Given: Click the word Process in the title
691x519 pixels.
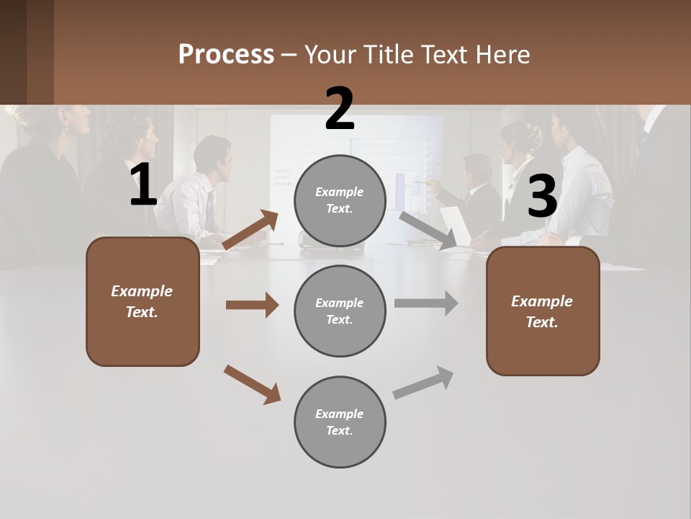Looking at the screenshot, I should (226, 55).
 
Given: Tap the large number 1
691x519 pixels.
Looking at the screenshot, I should (143, 185).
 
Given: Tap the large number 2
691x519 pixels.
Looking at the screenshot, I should (340, 110).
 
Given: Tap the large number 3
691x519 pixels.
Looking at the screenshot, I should (542, 197).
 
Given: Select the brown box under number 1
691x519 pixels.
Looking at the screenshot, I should (143, 301).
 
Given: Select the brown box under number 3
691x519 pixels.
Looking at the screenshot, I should (543, 311).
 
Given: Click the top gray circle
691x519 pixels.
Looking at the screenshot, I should (340, 200).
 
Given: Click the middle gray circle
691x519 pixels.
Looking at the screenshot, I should (340, 311).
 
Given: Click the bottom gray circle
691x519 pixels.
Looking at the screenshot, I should (340, 422).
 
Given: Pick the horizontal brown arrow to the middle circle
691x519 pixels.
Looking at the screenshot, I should (252, 305).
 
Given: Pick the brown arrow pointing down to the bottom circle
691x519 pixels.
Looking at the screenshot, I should (253, 384).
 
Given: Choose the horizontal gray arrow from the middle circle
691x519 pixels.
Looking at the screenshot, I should (426, 303).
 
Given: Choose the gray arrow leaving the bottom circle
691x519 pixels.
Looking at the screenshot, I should (423, 383).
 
